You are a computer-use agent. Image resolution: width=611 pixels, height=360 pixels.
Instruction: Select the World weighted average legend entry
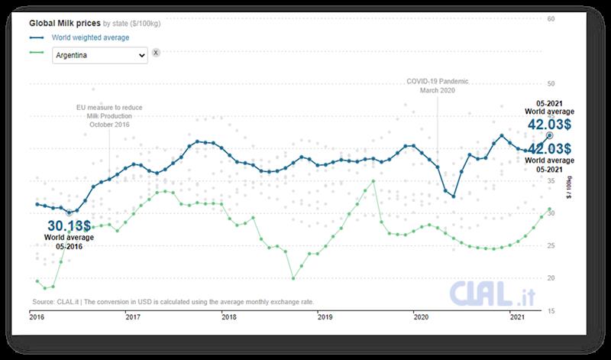pos(90,37)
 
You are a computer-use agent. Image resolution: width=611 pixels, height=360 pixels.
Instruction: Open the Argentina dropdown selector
pos(99,55)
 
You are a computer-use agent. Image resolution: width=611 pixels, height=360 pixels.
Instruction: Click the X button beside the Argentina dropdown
pos(156,53)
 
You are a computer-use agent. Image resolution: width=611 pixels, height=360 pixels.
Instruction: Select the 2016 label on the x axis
pos(37,316)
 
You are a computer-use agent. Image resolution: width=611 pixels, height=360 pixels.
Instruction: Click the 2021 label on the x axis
pos(516,316)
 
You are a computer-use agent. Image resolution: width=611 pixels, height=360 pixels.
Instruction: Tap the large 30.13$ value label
pos(69,225)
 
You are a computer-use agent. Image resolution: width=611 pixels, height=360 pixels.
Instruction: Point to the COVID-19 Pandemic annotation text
pos(436,81)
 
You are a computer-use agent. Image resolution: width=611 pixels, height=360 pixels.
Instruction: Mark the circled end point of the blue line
pos(549,135)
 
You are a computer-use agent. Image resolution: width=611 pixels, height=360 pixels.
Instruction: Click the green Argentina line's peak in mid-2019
pos(373,181)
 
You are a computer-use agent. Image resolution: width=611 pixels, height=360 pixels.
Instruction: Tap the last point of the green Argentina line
pos(549,209)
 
